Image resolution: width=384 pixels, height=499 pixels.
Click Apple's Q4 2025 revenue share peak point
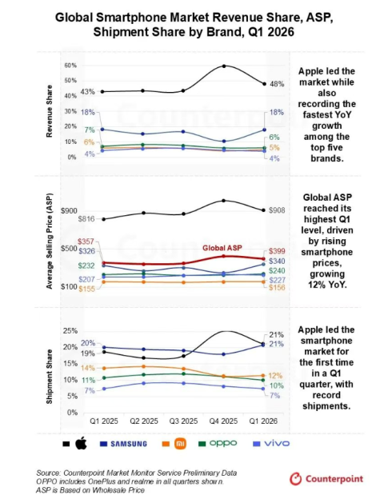(x=224, y=66)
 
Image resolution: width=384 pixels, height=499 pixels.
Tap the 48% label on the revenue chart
(x=277, y=84)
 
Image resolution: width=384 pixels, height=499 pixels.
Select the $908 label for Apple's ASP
(x=277, y=210)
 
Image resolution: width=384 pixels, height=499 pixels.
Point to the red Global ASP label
(x=222, y=248)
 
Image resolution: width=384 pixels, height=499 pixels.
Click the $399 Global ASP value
(x=277, y=251)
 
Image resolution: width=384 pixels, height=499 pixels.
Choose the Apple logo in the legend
(x=81, y=443)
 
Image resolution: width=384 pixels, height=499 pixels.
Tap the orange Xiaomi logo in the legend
(x=180, y=444)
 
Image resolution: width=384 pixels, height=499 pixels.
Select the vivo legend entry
(x=271, y=443)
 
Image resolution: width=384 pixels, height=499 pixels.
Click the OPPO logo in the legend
(x=223, y=443)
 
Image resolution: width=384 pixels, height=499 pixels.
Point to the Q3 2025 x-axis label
(x=183, y=421)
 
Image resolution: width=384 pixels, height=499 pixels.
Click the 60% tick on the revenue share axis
(x=70, y=66)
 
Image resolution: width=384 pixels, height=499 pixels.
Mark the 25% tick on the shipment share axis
(x=70, y=331)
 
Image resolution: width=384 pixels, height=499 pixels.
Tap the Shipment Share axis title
(x=50, y=377)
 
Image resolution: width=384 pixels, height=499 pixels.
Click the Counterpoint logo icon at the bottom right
(x=295, y=479)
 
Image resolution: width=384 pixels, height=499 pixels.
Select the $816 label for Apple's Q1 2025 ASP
(x=86, y=218)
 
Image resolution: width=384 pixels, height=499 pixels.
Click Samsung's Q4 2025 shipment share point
(x=223, y=354)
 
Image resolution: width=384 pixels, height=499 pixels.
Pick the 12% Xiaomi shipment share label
(x=275, y=376)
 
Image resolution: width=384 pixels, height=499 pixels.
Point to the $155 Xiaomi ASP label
(x=87, y=289)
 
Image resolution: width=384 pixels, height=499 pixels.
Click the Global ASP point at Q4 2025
(x=223, y=256)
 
